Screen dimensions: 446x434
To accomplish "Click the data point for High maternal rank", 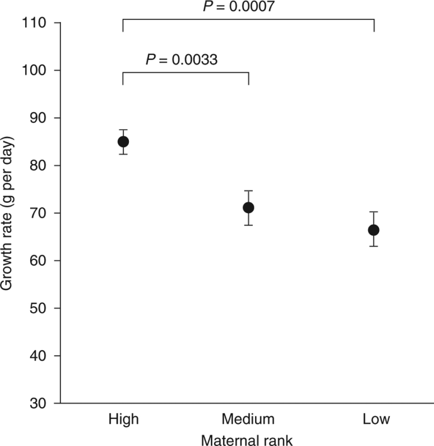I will tap(123, 142).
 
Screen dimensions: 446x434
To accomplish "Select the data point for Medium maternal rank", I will tap(248, 208).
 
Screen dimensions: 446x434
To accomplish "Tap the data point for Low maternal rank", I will tap(373, 230).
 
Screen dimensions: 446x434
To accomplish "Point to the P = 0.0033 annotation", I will tap(182, 59).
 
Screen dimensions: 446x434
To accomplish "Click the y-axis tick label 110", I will tap(35, 23).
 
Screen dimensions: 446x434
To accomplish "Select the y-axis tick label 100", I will tap(35, 70).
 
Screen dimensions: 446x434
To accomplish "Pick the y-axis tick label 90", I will tap(39, 118).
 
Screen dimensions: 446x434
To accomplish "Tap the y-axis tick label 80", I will tap(39, 166).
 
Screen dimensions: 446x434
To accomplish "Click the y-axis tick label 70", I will tap(39, 213).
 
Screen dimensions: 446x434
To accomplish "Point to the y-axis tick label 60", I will tap(39, 260).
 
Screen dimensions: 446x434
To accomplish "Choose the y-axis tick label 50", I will tap(39, 308).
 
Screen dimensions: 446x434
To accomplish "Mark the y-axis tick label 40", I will tap(39, 356).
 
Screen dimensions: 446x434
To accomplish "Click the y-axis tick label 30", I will tap(39, 404).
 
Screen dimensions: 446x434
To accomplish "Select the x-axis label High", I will tap(123, 420).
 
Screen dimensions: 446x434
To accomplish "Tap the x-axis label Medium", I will tap(248, 420).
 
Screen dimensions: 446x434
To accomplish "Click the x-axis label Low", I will tap(376, 420).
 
